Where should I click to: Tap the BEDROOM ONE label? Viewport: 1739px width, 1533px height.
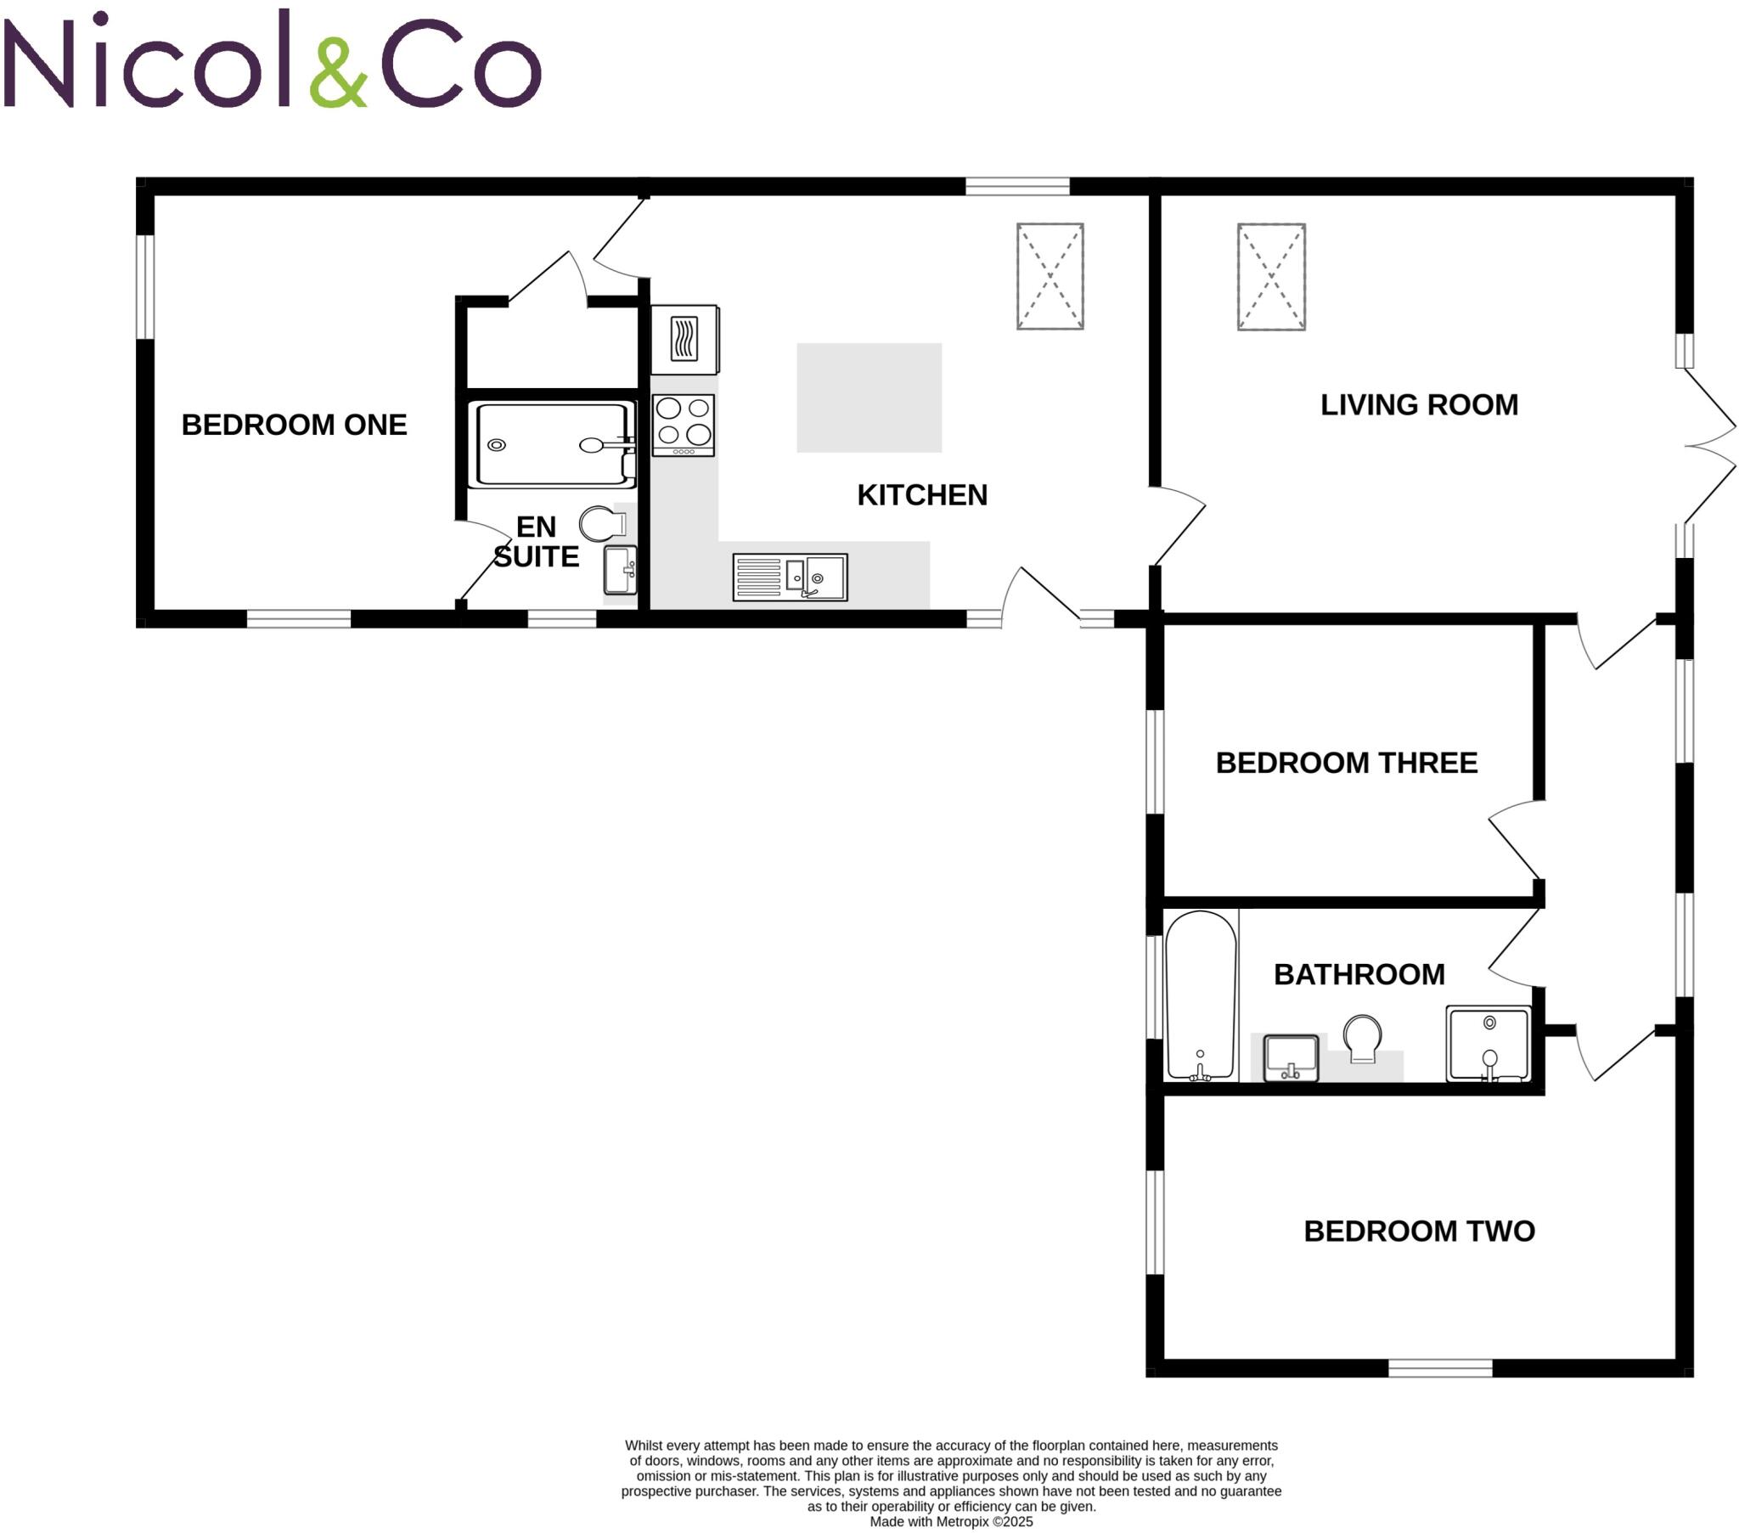pyautogui.click(x=294, y=425)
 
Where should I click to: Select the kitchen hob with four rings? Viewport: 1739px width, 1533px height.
pyautogui.click(x=684, y=424)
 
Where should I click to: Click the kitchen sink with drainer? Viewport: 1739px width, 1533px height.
pyautogui.click(x=790, y=578)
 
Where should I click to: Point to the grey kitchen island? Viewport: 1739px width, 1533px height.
pyautogui.click(x=869, y=397)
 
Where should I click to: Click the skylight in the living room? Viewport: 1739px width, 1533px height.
pyautogui.click(x=1271, y=277)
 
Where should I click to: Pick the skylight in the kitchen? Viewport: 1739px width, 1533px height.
pyautogui.click(x=1050, y=277)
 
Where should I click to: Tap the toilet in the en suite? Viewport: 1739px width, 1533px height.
pyautogui.click(x=601, y=523)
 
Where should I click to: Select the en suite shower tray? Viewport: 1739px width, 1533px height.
pyautogui.click(x=551, y=444)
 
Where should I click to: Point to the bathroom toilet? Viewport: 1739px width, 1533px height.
pyautogui.click(x=1362, y=1038)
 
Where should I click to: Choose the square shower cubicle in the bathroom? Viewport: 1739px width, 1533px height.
pyautogui.click(x=1488, y=1045)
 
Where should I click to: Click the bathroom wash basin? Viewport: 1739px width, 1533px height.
pyautogui.click(x=1291, y=1058)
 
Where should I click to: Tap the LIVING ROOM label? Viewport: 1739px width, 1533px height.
pyautogui.click(x=1418, y=405)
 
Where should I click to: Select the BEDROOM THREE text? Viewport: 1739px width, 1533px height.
pyautogui.click(x=1346, y=763)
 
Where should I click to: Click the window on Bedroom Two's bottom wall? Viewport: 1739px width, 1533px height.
pyautogui.click(x=1440, y=1368)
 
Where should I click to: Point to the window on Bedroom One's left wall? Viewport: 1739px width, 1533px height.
pyautogui.click(x=145, y=287)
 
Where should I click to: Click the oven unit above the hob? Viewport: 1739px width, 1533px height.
pyautogui.click(x=685, y=340)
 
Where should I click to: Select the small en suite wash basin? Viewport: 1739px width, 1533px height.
pyautogui.click(x=620, y=569)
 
